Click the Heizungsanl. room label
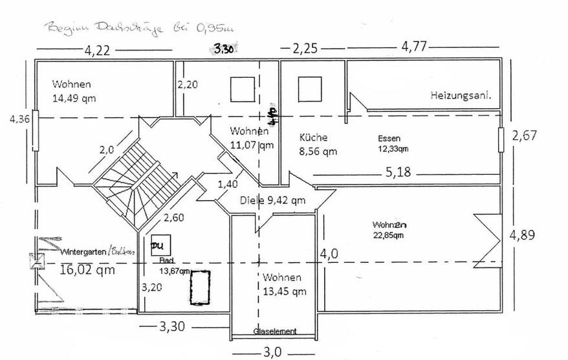(461, 95)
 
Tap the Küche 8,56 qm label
(318, 144)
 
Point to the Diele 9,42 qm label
(272, 200)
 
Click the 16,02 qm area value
(87, 270)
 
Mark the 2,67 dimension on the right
(525, 135)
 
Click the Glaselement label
(275, 332)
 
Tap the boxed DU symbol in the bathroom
(157, 247)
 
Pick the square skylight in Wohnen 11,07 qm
(243, 89)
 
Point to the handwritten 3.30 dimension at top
(223, 48)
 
